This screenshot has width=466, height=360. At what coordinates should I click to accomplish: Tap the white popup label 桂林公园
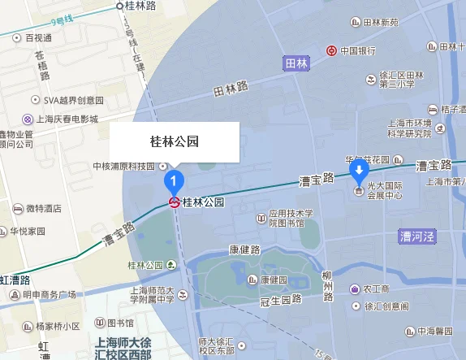pos(175,141)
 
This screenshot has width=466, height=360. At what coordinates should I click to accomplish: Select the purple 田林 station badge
pos(296,63)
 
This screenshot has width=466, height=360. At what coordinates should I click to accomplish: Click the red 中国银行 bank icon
pos(331,50)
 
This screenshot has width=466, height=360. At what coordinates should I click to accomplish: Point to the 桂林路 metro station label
pos(140,5)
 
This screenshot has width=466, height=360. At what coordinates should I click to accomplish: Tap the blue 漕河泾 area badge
pos(417,237)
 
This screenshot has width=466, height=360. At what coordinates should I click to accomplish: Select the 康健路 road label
pos(244,249)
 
